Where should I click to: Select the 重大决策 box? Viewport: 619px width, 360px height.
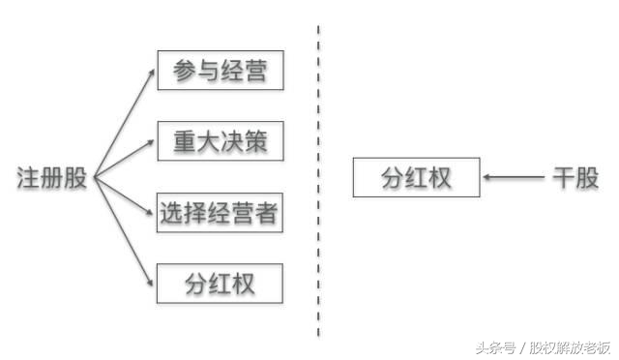coord(220,142)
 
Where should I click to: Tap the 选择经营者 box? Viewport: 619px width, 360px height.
coord(220,213)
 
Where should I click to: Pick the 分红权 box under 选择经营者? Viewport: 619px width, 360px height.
coord(220,285)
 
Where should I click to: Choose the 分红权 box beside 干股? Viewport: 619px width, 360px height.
coord(416,178)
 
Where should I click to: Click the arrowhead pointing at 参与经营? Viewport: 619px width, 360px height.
coord(151,74)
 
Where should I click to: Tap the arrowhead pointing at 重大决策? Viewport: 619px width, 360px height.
coord(151,144)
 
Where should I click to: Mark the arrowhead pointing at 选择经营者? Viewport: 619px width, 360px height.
coord(151,212)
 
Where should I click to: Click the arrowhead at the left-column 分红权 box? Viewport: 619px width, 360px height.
coord(151,282)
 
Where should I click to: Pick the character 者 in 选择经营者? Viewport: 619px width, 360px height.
coord(268,213)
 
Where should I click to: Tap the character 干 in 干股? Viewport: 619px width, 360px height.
coord(564,178)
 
